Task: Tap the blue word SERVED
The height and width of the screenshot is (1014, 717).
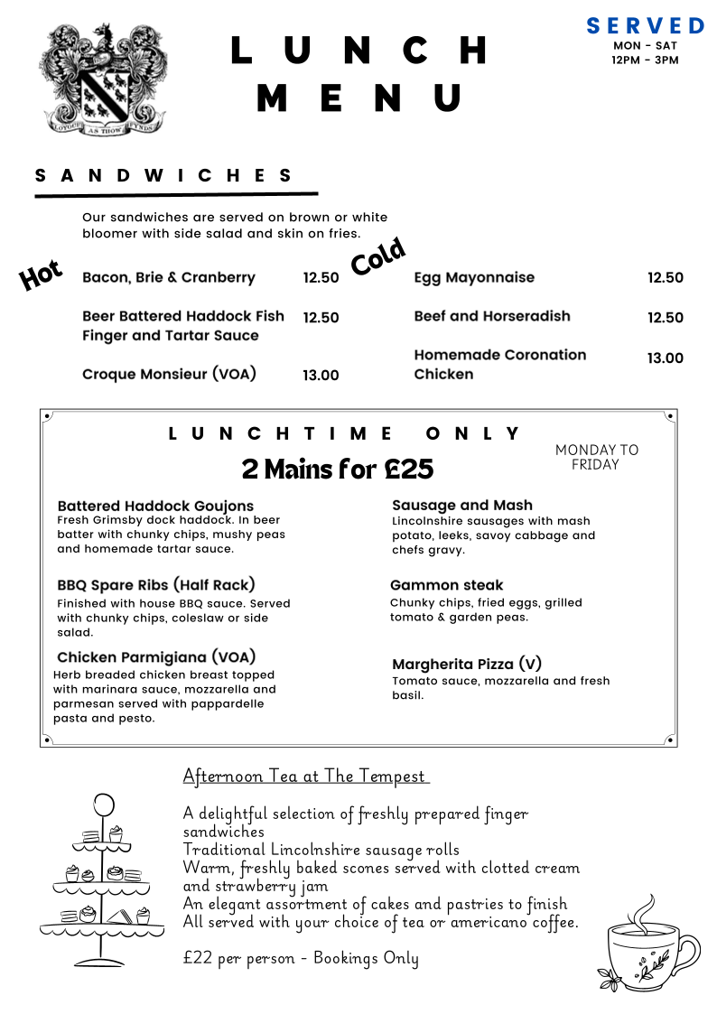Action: (x=645, y=25)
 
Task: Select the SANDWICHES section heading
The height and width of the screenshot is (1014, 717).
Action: (x=164, y=175)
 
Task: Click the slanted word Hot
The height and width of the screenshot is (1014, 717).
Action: (x=41, y=274)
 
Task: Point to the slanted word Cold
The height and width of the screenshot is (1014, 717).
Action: (x=377, y=257)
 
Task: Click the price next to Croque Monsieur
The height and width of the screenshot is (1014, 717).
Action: (x=321, y=376)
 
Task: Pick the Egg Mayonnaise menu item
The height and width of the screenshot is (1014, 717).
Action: (x=474, y=277)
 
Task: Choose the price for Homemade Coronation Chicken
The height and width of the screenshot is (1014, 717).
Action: (x=665, y=358)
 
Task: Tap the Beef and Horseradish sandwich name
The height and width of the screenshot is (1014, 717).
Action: (x=492, y=316)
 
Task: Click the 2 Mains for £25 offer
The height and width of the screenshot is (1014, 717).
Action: (x=338, y=469)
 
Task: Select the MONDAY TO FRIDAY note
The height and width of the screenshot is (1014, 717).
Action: (x=596, y=457)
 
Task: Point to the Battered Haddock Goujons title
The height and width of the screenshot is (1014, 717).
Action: (x=155, y=506)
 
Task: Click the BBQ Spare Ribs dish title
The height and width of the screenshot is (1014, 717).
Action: (x=156, y=584)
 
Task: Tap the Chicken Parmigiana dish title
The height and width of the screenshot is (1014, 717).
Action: (x=156, y=656)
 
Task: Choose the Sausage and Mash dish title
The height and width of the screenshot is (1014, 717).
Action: (x=462, y=505)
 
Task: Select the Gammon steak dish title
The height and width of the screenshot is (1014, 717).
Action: (x=447, y=585)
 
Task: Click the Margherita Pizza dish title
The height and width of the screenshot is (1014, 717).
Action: (x=467, y=664)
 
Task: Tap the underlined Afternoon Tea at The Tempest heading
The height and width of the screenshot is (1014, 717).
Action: (x=305, y=776)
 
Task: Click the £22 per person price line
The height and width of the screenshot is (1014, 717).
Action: (x=301, y=958)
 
